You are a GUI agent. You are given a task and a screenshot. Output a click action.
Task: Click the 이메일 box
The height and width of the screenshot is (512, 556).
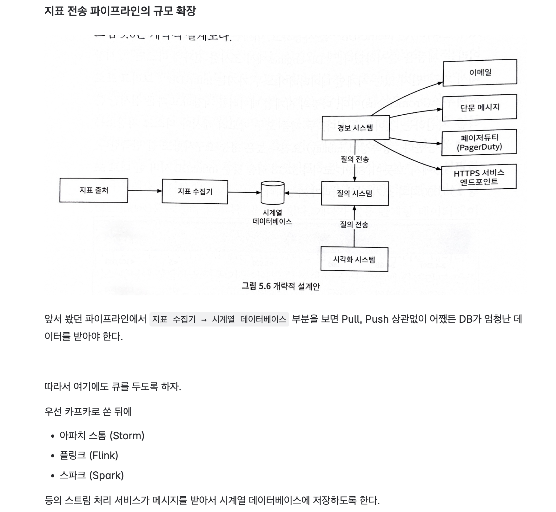pyautogui.click(x=480, y=72)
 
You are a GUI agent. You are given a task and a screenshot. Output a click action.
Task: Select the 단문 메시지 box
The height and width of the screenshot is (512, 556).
pyautogui.click(x=480, y=108)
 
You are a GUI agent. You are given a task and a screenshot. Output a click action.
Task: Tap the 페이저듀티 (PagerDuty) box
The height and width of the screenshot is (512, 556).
pyautogui.click(x=479, y=142)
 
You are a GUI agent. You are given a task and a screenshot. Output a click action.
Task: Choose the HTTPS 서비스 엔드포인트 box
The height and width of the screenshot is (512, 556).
pyautogui.click(x=479, y=177)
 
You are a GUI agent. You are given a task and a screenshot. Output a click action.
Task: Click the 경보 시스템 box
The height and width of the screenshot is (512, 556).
pyautogui.click(x=355, y=128)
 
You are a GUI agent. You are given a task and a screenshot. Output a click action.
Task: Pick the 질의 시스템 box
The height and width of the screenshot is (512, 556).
pyautogui.click(x=355, y=193)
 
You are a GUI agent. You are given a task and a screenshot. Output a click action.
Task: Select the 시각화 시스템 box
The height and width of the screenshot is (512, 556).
pyautogui.click(x=354, y=259)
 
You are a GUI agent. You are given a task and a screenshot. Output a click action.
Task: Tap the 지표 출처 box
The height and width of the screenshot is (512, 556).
pyautogui.click(x=94, y=190)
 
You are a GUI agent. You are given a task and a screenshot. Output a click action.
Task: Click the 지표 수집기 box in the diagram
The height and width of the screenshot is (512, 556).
pyautogui.click(x=195, y=192)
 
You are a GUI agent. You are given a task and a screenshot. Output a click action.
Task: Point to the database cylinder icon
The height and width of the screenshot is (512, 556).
pyautogui.click(x=272, y=192)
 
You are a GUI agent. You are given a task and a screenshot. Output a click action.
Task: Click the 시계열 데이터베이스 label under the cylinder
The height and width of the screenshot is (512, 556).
pyautogui.click(x=272, y=217)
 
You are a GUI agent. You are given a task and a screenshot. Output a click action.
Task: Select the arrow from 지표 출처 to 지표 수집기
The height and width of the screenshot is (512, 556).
pyautogui.click(x=145, y=191)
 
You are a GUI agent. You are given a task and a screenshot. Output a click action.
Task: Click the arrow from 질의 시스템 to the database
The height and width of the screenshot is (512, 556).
pyautogui.click(x=303, y=193)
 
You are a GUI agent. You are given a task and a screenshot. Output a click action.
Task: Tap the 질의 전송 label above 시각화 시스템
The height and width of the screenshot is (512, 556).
pyautogui.click(x=354, y=225)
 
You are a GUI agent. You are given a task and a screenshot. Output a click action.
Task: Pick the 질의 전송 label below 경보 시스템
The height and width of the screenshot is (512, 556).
pyautogui.click(x=355, y=159)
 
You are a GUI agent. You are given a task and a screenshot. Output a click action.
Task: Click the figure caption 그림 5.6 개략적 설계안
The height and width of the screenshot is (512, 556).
pyautogui.click(x=281, y=286)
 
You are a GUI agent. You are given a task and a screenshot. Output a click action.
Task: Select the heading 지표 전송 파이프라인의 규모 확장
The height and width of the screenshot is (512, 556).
pyautogui.click(x=120, y=11)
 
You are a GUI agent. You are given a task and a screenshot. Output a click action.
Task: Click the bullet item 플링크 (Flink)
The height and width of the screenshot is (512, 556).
pyautogui.click(x=89, y=455)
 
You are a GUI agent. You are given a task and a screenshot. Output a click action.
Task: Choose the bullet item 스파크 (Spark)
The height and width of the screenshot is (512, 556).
pyautogui.click(x=92, y=475)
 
